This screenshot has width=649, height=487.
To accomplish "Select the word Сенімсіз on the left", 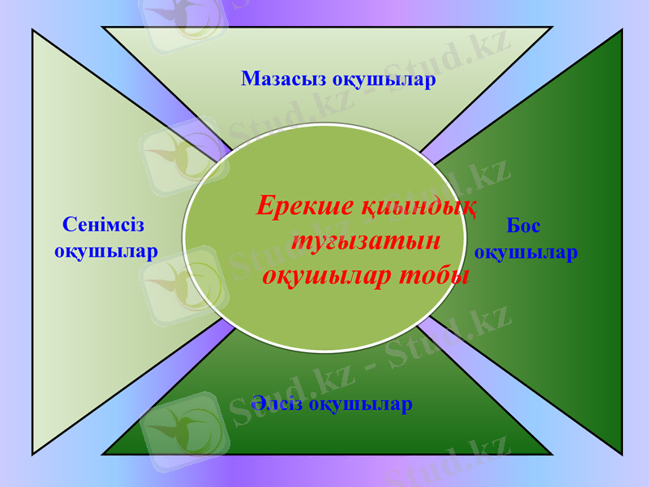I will point(103,225).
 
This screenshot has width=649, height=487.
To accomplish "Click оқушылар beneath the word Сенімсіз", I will point(106,251).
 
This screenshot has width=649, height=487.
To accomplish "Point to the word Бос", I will point(523,226).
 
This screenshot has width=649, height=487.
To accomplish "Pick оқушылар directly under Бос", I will point(526,252).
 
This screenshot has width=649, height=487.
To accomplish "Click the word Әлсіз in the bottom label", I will point(278,403).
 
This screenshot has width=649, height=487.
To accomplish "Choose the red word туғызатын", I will point(366,241).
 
